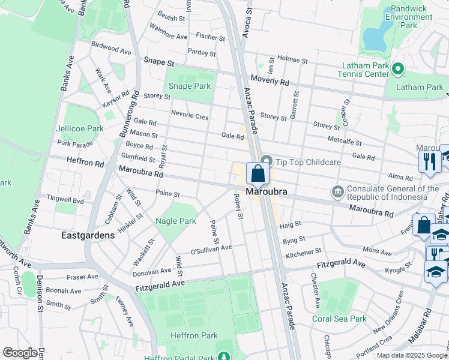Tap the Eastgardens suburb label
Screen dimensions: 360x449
tap(88, 235)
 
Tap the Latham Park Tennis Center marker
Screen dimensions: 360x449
tap(397, 70)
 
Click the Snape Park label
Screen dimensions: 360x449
tap(189, 86)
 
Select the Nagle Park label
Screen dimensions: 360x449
tap(176, 221)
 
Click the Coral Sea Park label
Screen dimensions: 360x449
tap(339, 319)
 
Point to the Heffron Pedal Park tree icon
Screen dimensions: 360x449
tap(224, 358)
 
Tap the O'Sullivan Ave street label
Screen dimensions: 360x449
tap(211, 248)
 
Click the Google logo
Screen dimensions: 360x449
tap(20, 353)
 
